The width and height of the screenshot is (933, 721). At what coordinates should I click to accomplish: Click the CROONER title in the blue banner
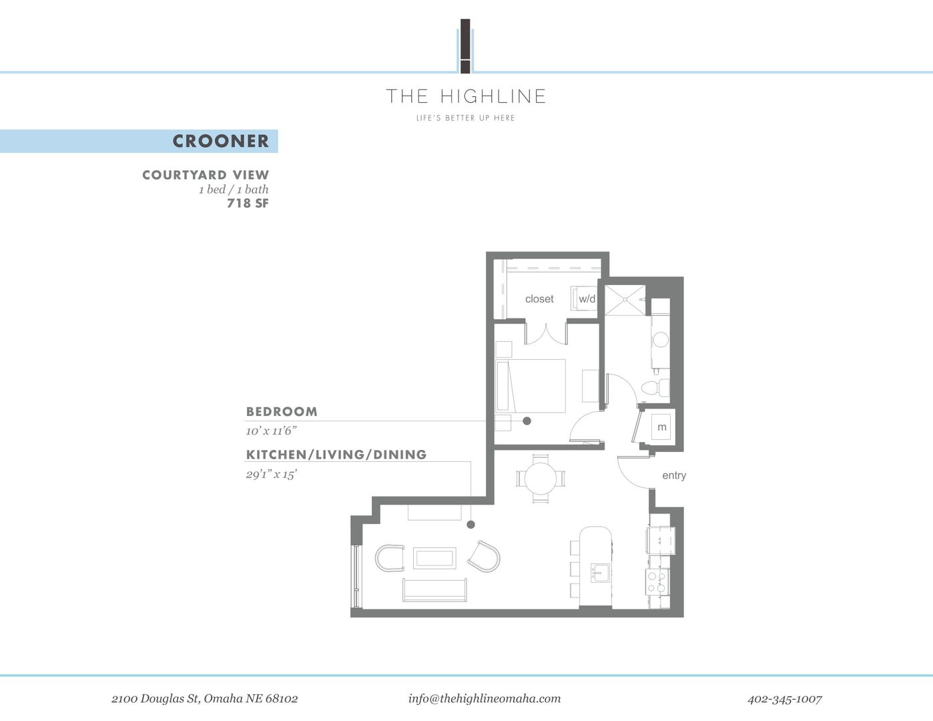point(220,141)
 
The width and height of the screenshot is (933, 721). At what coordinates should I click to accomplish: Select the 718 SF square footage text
point(248,204)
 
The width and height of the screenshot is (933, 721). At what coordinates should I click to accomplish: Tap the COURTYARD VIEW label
point(206,175)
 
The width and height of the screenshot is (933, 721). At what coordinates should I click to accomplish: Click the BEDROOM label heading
point(282,412)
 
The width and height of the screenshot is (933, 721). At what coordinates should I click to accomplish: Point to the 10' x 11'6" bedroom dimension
point(271,431)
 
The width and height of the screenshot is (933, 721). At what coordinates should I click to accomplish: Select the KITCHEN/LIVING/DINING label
point(336,455)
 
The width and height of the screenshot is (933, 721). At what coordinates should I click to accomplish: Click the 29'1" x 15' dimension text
point(271,475)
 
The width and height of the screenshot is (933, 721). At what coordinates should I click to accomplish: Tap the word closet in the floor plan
point(539,299)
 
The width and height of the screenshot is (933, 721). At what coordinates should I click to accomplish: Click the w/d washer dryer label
point(587,299)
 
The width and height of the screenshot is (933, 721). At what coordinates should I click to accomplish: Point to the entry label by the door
point(674,475)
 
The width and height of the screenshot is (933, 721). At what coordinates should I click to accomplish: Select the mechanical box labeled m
point(662,427)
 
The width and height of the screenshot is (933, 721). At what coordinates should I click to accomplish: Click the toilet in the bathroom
point(654,388)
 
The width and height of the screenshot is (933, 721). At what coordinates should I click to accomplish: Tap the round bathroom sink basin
point(661,340)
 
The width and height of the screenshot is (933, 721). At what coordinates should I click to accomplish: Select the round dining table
point(541,479)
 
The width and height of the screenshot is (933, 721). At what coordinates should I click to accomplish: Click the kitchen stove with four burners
point(657,581)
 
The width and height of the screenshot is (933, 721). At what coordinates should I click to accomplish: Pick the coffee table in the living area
point(434,558)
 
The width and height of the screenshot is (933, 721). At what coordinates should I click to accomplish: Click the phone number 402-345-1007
point(784,699)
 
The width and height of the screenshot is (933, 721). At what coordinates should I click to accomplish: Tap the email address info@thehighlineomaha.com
point(485,698)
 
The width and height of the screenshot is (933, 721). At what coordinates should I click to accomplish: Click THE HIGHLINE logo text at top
point(467,96)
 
